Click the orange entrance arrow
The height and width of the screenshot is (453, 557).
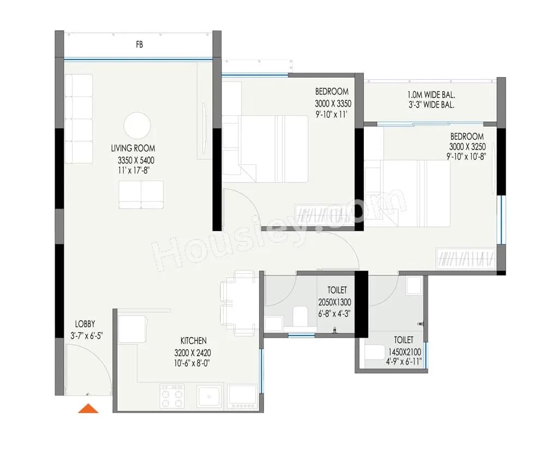(88, 408)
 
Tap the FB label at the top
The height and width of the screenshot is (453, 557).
(140, 45)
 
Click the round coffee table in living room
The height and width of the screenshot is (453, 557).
(137, 126)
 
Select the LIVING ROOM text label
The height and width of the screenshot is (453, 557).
(133, 148)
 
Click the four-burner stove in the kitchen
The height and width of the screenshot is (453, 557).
(172, 396)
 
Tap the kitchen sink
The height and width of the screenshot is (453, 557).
(209, 396)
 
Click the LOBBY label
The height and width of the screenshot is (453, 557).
(85, 324)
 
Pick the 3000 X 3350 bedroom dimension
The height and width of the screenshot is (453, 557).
(333, 103)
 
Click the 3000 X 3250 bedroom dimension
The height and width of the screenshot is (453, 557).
(467, 146)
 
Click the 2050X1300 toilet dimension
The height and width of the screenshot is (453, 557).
(334, 302)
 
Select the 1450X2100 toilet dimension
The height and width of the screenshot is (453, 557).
(402, 351)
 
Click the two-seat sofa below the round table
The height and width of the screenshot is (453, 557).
(141, 195)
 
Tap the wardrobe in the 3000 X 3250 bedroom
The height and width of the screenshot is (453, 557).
(465, 258)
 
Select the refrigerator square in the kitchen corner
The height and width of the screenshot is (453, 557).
(131, 330)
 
